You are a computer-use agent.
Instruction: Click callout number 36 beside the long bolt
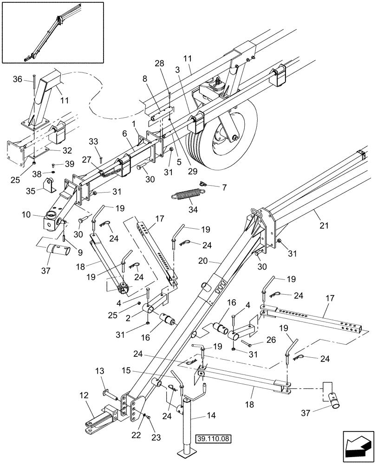29,79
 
